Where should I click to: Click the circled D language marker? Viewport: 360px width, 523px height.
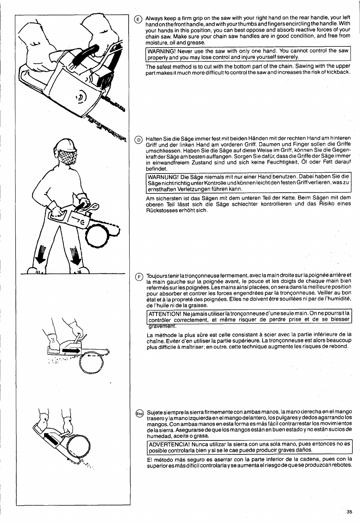(138, 139)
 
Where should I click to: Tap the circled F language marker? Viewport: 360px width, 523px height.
(138, 276)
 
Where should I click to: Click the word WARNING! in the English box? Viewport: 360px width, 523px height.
(160, 51)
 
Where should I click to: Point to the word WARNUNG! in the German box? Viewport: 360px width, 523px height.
(161, 177)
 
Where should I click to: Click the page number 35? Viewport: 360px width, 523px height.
(349, 512)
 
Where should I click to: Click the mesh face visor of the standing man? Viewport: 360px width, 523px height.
(66, 155)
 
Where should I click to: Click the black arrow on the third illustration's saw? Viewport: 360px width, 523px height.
(72, 351)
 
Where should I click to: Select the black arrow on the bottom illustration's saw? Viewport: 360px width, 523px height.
(54, 440)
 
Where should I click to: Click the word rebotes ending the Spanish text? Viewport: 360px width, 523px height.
(342, 465)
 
